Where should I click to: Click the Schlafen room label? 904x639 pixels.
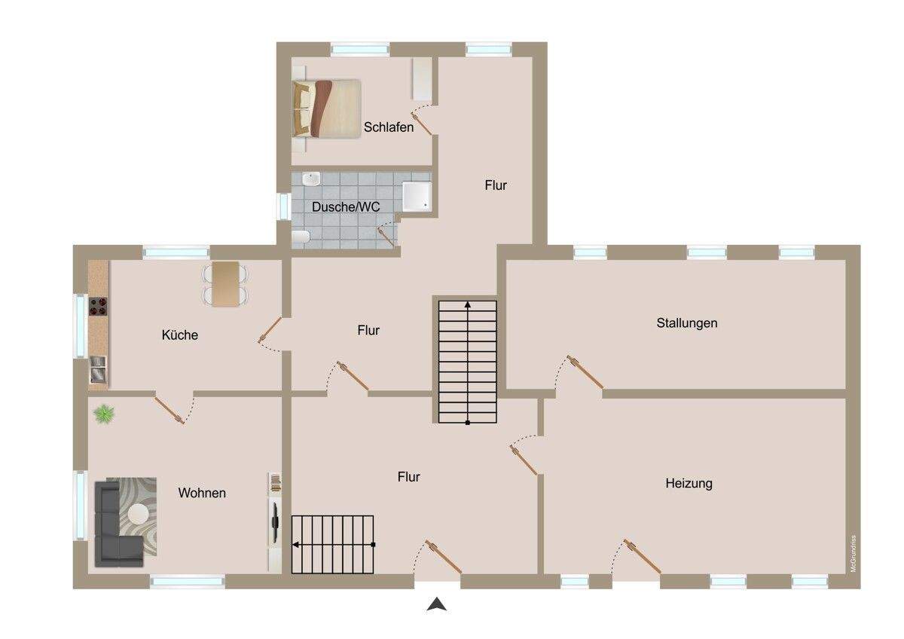click(389, 127)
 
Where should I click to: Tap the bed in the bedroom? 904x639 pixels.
click(326, 108)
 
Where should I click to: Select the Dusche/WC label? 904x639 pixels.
click(347, 206)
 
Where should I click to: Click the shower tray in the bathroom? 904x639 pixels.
click(417, 196)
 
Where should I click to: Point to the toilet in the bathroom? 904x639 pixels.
click(300, 239)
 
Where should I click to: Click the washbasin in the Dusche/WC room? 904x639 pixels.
click(310, 179)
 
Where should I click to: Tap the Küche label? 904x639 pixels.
click(180, 335)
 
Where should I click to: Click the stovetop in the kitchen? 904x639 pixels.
click(99, 307)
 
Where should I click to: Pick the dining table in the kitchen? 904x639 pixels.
click(225, 283)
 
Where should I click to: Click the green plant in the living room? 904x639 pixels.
click(104, 413)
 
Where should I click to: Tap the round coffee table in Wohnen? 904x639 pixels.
click(138, 514)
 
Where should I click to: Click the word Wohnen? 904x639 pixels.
click(202, 493)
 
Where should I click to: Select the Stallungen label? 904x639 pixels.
click(686, 323)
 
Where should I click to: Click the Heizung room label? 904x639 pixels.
click(689, 483)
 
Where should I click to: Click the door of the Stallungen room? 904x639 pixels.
click(586, 373)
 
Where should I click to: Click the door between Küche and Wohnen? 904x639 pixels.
click(169, 410)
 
